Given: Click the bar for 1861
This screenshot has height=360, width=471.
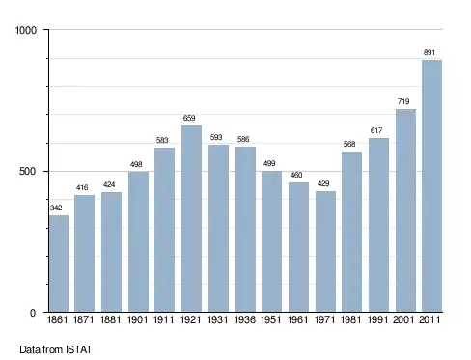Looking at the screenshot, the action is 59,263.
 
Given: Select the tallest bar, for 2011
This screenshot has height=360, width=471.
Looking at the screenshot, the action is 431,186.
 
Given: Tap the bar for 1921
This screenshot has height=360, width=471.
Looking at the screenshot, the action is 191,219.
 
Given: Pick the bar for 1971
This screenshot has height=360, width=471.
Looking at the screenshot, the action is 325,252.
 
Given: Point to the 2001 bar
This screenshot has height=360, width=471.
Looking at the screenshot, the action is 405,210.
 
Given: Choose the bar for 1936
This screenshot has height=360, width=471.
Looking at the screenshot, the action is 245,230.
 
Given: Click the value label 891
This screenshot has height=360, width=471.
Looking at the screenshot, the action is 429,52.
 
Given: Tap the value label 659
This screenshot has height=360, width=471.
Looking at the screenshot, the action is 189,118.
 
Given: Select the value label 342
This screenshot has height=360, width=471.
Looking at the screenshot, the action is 56,208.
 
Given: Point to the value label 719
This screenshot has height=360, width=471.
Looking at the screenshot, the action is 403,101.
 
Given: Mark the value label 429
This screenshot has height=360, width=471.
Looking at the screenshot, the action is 323,183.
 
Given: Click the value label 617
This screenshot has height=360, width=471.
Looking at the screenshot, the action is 376,130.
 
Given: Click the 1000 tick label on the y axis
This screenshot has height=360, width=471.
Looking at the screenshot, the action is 26,30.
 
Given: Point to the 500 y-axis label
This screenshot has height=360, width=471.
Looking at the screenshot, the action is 28,171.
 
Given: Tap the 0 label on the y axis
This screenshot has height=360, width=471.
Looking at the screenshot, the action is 33,313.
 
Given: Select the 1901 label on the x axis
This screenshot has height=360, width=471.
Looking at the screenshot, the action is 137,319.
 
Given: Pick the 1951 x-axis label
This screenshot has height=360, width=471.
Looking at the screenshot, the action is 270,319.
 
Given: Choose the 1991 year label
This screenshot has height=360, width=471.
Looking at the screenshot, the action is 377,319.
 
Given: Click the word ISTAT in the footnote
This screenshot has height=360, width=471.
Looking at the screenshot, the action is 79,349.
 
